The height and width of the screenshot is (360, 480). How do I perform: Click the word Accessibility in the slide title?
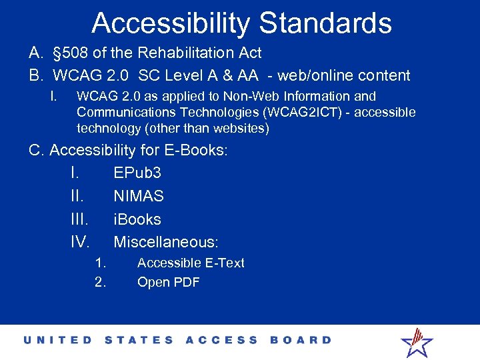171,23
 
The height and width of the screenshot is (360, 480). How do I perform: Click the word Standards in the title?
325,23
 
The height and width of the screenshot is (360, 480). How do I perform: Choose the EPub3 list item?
137,173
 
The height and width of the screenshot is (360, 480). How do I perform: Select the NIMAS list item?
139,196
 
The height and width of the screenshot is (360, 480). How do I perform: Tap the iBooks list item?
137,219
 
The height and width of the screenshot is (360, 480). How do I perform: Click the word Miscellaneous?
166,242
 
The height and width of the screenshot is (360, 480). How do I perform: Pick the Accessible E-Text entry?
191,263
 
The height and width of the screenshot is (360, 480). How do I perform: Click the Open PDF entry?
168,282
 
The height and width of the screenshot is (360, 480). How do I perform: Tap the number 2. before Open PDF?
100,282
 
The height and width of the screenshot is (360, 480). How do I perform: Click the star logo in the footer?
417,341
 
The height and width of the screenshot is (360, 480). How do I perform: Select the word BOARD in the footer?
301,340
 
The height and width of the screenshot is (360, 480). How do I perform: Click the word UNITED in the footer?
58,340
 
